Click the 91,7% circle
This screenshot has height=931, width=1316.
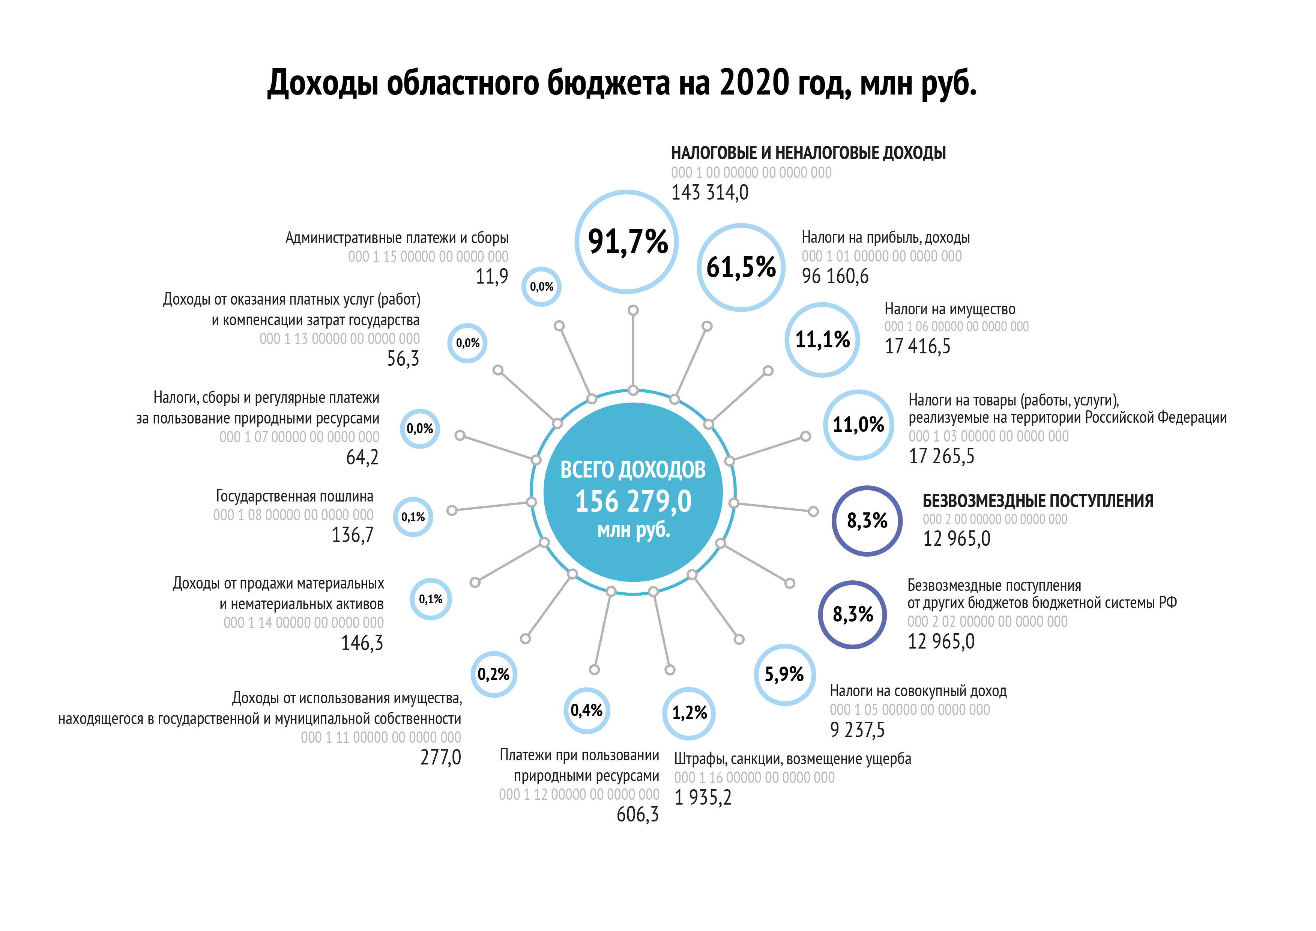(x=626, y=241)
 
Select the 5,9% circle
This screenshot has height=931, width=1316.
(x=784, y=674)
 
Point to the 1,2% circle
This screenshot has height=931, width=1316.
(x=689, y=713)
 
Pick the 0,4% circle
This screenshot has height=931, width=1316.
(x=586, y=710)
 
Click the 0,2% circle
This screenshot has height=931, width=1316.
(x=494, y=674)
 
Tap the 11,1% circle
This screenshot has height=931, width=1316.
(x=822, y=340)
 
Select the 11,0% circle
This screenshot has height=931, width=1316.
(x=858, y=425)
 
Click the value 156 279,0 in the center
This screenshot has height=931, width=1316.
(x=633, y=501)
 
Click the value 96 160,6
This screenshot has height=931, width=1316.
(x=835, y=276)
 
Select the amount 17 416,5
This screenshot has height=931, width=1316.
(x=917, y=346)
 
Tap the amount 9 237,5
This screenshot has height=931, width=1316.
(x=857, y=730)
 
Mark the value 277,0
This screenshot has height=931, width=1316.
(x=440, y=757)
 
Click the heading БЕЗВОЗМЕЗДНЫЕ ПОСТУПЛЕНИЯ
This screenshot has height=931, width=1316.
(x=1037, y=501)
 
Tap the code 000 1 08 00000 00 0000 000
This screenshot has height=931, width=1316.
(x=293, y=515)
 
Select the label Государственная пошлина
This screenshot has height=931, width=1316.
(x=294, y=496)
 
